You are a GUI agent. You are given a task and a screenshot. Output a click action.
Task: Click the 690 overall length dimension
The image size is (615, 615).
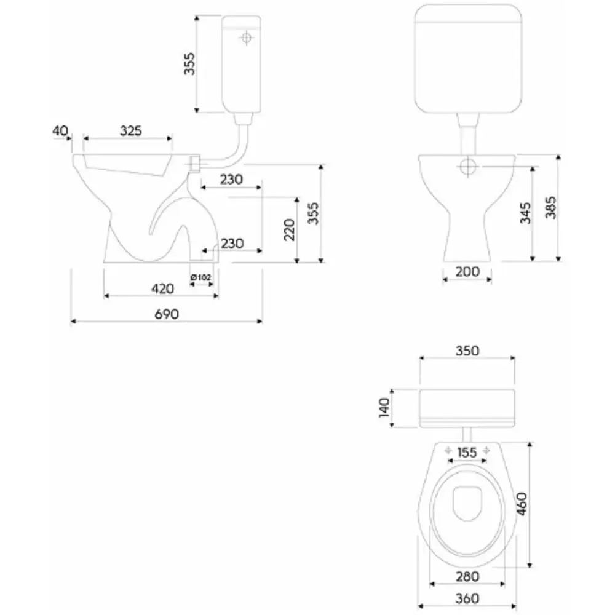tap(167, 314)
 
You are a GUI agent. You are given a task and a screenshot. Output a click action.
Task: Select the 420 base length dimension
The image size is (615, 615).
tap(163, 289)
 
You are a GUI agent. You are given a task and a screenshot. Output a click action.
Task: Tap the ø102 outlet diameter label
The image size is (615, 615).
tap(201, 277)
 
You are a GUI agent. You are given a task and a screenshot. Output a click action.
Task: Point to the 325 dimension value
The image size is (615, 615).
tap(130, 130)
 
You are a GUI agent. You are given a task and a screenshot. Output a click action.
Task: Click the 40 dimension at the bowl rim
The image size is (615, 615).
tap(60, 130)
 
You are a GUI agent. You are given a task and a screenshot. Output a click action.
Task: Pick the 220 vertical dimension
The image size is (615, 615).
tap(289, 230)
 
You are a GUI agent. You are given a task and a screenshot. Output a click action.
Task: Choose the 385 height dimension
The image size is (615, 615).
tap(550, 207)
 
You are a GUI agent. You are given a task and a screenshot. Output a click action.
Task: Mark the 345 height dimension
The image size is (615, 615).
tap(525, 213)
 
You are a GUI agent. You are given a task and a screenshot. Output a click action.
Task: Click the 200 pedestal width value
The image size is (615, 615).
tap(467, 271)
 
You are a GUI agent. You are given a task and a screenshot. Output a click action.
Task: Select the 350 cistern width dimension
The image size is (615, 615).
tap(467, 351)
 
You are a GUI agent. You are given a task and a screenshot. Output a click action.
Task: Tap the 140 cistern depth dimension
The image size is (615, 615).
tap(384, 408)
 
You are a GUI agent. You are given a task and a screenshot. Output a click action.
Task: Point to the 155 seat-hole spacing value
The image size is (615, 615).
tap(467, 453)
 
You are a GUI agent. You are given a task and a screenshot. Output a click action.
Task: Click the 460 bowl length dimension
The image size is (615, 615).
tap(522, 504)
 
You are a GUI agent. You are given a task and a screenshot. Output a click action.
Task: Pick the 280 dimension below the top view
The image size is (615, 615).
tap(467, 577)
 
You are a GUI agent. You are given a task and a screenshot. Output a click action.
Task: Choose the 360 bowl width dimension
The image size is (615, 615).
tap(467, 598)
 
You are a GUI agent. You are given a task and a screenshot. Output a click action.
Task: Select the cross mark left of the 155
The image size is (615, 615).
tap(448, 451)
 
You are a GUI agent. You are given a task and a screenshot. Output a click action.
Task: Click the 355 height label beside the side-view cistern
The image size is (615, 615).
tap(189, 63)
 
